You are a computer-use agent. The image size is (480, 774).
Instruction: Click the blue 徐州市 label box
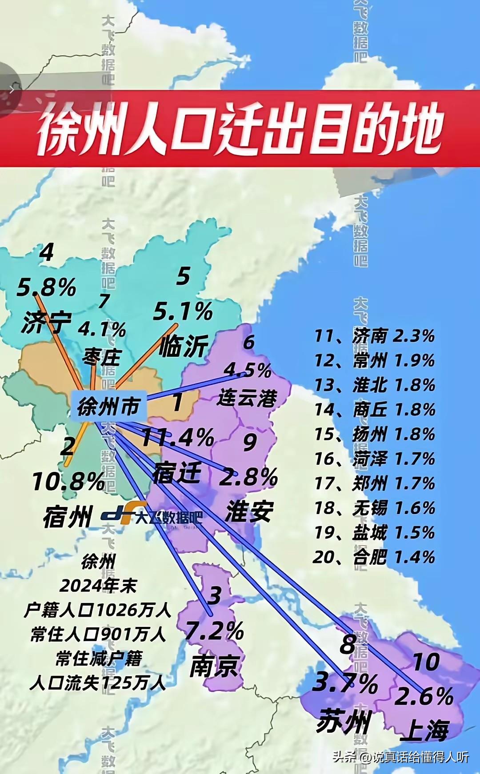[108, 406]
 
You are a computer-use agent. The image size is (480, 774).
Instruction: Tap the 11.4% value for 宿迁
[177, 438]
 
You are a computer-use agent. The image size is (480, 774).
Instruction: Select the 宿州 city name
[68, 517]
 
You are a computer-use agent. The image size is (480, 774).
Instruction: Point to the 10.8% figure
[68, 482]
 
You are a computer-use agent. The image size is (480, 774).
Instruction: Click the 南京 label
[215, 666]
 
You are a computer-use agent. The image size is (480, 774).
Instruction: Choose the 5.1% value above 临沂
[183, 311]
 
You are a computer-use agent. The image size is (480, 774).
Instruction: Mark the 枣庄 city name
[102, 357]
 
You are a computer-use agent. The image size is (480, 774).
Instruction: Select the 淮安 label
[249, 511]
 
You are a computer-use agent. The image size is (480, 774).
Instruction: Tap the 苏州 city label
[343, 721]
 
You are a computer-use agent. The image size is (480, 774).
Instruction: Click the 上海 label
[424, 730]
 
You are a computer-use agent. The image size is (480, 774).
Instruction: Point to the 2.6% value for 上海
[424, 696]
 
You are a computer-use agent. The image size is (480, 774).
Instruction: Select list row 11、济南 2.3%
[374, 336]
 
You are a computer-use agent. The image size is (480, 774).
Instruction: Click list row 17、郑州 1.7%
[374, 483]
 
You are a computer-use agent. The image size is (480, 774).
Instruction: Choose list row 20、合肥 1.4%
[374, 557]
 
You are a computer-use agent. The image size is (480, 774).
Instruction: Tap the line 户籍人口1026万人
[98, 610]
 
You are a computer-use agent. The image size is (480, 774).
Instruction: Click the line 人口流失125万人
[98, 683]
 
